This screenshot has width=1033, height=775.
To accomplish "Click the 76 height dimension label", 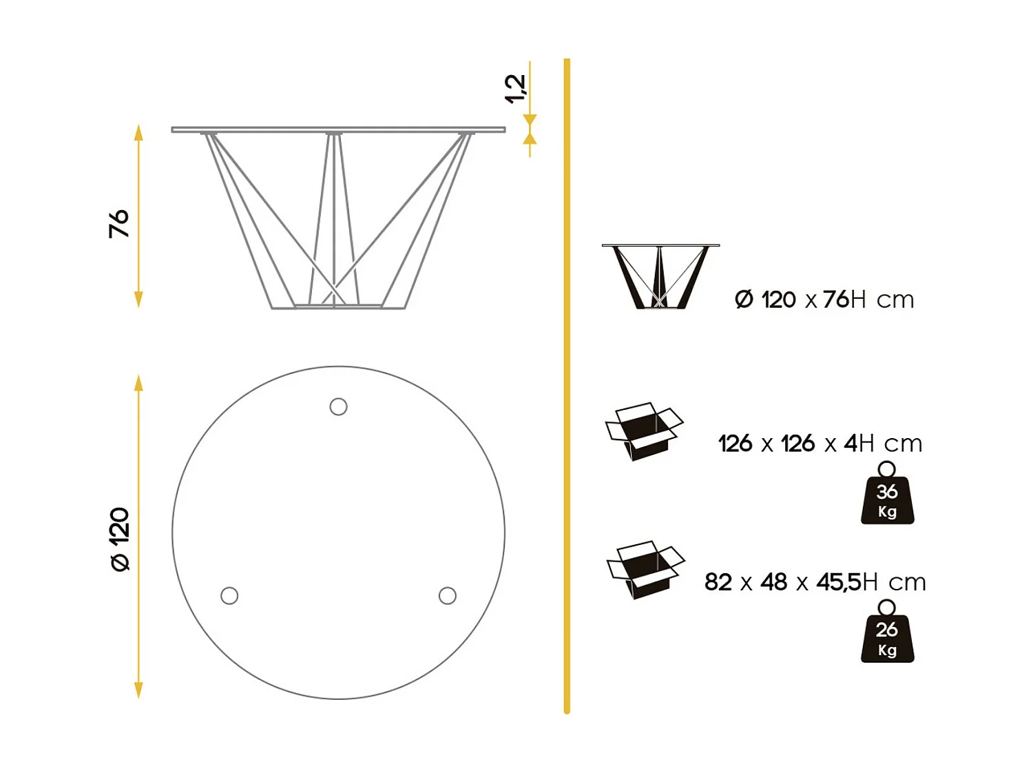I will coord(118,223).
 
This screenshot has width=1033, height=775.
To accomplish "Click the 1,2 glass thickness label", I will coord(514,89).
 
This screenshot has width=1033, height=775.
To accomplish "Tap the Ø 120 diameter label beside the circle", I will coord(120,539).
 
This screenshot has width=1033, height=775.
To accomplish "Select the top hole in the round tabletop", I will coord(338,406).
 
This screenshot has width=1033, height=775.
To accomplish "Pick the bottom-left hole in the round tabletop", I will coord(229,595).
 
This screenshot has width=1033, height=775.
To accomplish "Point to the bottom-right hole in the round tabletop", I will coord(448,595).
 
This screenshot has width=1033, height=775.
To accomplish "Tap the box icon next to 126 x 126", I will coord(644,431).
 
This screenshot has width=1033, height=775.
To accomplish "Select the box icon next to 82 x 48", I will coord(645,570).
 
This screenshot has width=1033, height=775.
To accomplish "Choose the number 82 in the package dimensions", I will coord(718,582).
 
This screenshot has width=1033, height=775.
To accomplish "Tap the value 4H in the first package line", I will coord(859,443).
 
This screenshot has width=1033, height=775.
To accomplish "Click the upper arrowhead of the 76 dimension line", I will coord(138,132).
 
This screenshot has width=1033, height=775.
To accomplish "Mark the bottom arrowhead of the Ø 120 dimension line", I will coord(138,690).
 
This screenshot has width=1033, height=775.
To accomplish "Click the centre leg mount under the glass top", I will coord(334,134).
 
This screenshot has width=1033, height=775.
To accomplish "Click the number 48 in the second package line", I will coord(774,582).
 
